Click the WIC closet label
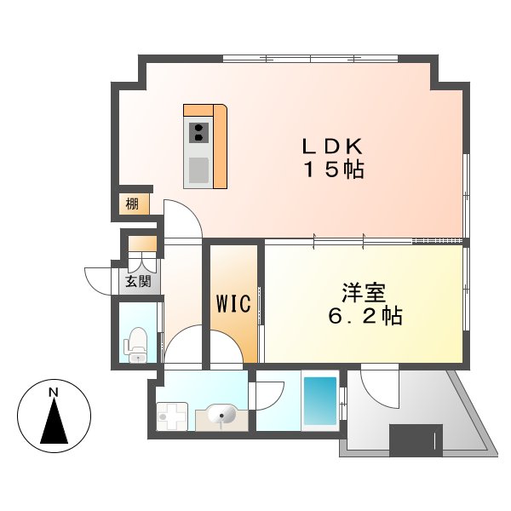point(233,304)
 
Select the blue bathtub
point(320,400)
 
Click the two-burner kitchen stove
point(198,132)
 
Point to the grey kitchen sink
point(198,169)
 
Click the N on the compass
point(54,393)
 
